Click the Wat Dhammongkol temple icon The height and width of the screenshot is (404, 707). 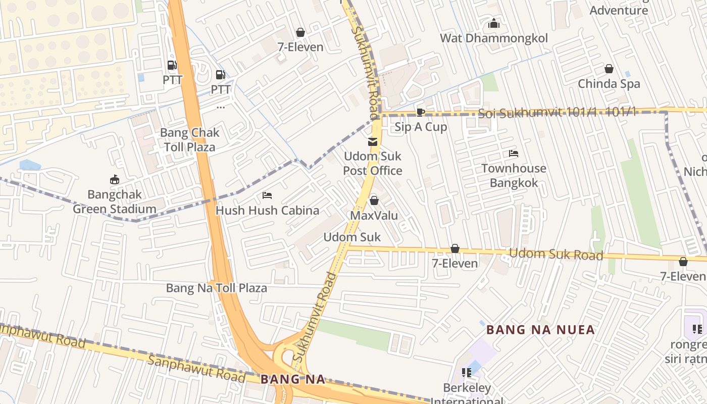pos(493,23)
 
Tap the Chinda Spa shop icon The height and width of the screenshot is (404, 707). pos(609,69)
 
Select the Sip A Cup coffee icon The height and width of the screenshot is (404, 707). pos(420,112)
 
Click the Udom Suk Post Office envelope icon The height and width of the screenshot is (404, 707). pos(373,142)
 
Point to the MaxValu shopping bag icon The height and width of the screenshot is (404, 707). pos(374,201)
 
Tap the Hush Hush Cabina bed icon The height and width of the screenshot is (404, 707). pos(267,195)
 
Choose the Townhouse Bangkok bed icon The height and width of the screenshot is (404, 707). pos(514,154)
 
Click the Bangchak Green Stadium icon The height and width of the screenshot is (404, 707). pos(115,179)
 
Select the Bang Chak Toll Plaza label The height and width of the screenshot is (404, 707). pos(189,140)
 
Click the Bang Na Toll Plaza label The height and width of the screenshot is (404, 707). pos(217,288)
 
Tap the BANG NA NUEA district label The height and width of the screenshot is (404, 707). pos(540,330)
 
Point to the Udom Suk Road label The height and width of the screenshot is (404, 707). pos(556,254)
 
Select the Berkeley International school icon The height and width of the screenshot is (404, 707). pos(467,373)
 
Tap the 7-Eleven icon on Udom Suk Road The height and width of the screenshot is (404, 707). pos(455,249)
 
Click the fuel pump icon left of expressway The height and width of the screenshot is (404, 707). pos(172,65)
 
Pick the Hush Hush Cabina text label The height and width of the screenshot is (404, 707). pos(267,211)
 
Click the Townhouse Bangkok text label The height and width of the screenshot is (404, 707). pos(514,176)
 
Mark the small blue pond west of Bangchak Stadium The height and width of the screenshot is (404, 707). pos(30,165)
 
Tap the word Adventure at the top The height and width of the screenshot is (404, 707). pos(619,10)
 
